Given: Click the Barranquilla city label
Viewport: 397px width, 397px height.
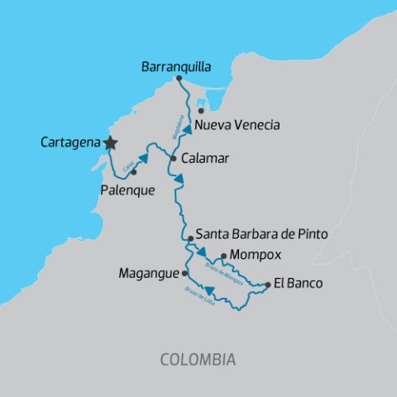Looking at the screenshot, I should (176, 65).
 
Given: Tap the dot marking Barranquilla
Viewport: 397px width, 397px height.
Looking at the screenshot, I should (179, 79).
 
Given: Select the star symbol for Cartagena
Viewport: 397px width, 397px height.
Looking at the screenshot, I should (111, 143).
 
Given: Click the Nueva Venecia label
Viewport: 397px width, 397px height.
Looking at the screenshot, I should (236, 125).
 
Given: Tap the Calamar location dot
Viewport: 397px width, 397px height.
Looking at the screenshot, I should (174, 158).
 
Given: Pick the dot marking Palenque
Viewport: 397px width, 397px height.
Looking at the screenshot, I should (133, 172).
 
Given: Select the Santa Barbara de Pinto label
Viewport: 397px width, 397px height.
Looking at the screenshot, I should (261, 235).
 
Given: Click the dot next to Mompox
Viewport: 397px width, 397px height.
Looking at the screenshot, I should (223, 256).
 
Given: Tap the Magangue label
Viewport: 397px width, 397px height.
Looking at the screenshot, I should (150, 271).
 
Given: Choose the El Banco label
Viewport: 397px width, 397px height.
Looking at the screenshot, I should (299, 284).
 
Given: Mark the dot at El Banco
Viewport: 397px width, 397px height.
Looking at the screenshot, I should (268, 285).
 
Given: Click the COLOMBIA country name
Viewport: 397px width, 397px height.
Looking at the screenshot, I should (198, 360).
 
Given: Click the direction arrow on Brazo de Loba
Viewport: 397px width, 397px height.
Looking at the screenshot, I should (210, 289).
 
